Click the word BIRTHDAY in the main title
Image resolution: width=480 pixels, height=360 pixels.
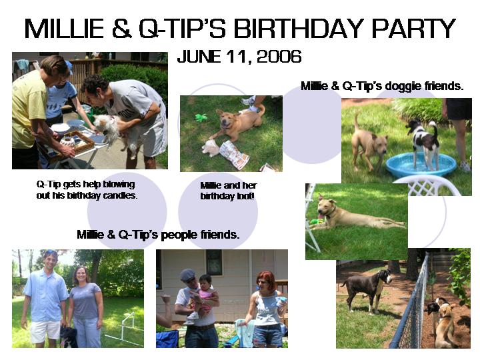tap(299, 29)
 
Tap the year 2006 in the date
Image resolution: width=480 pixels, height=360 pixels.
tap(279, 57)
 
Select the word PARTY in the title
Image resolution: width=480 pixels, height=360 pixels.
tap(413, 29)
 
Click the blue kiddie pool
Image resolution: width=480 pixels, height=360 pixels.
tap(421, 165)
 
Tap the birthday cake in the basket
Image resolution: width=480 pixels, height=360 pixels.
tap(73, 142)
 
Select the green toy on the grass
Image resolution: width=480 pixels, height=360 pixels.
tap(201, 117)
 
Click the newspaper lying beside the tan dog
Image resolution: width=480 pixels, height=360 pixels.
tap(235, 155)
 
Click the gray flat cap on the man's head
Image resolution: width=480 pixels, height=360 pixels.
tap(187, 275)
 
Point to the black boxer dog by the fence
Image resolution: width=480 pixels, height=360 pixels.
tap(367, 290)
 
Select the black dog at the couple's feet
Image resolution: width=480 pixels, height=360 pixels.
tap(69, 337)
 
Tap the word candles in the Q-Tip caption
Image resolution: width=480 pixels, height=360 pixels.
tap(120, 195)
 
